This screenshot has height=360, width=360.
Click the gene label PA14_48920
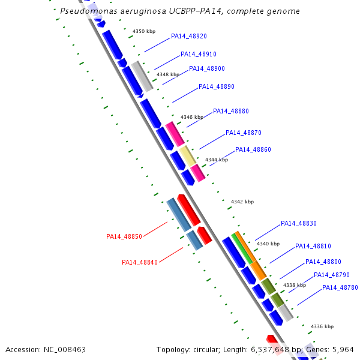pyautogui.click(x=189, y=36)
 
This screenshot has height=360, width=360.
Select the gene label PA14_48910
pyautogui.click(x=199, y=54)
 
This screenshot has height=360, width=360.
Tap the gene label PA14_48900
pyautogui.click(x=207, y=68)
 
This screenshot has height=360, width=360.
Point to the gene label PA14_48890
pyautogui.click(x=217, y=86)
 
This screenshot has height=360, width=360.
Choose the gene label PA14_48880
pyautogui.click(x=231, y=111)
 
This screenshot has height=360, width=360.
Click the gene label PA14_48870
pyautogui.click(x=244, y=133)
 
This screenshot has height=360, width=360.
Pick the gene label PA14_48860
pyautogui.click(x=253, y=149)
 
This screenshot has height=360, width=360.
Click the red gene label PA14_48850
pyautogui.click(x=124, y=236)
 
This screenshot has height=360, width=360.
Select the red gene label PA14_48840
pyautogui.click(x=140, y=262)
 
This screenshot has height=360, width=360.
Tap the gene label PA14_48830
pyautogui.click(x=299, y=223)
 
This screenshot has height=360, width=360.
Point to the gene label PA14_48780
pyautogui.click(x=340, y=287)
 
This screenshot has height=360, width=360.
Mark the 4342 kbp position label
pyautogui.click(x=242, y=202)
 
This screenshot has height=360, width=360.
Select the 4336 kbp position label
pyautogui.click(x=322, y=326)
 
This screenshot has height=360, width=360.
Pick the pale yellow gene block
pyautogui.click(x=188, y=155)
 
